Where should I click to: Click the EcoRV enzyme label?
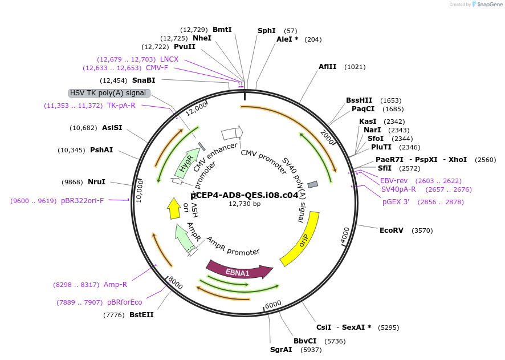tap(392, 230)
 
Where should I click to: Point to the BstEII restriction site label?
tap(141, 314)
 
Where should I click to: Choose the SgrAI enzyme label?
tap(281, 350)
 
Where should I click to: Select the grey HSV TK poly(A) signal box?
tap(109, 93)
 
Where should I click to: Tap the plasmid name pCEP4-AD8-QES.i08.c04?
tap(245, 195)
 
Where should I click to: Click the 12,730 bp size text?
tap(245, 204)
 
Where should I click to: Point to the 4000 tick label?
tap(345, 236)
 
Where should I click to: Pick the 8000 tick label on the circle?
tap(175, 282)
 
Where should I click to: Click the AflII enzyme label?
tap(327, 67)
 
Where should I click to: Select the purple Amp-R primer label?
tap(115, 285)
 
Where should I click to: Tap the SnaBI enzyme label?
tap(144, 80)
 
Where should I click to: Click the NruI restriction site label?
tap(96, 182)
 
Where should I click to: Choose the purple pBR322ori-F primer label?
tap(83, 201)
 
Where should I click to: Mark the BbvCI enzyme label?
tap(305, 341)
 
